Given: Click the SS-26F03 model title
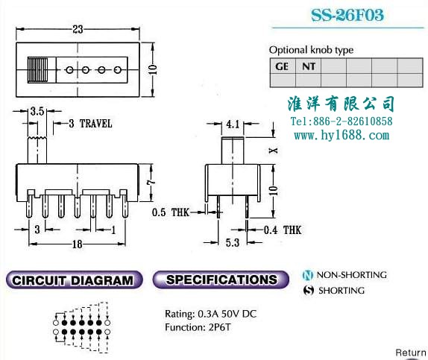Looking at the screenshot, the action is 347,15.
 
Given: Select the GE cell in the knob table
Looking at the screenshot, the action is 283,66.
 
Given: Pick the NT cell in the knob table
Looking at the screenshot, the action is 309,66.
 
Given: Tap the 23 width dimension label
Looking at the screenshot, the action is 78,29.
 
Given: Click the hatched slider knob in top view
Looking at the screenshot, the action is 38,70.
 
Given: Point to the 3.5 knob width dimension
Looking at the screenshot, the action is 37,111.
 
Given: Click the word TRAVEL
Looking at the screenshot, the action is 95,124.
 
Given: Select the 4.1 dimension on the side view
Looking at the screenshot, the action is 233,124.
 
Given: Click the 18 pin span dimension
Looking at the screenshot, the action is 78,244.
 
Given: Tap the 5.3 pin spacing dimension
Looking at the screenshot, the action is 233,242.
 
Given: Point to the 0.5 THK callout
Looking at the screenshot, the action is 170,212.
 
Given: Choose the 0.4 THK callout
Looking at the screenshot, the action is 283,230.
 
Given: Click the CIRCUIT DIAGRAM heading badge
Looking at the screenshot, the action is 74,280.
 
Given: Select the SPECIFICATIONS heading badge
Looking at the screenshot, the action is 221,280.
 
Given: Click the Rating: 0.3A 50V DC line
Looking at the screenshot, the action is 211,314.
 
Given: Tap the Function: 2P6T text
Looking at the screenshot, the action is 198,327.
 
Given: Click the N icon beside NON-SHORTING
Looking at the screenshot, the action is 308,275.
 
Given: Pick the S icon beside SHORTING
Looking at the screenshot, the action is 309,291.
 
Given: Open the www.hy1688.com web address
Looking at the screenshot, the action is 342,135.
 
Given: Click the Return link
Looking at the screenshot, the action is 411,353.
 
